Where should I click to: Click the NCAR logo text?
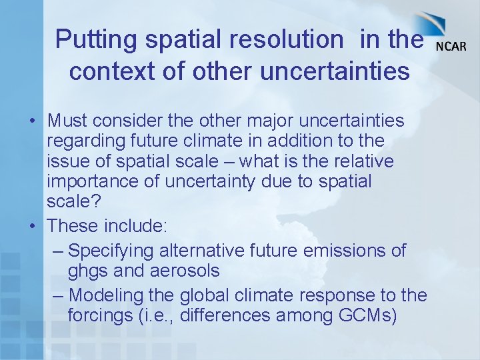451,46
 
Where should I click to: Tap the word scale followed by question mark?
69,201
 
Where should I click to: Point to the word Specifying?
112,251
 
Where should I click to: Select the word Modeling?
107,294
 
